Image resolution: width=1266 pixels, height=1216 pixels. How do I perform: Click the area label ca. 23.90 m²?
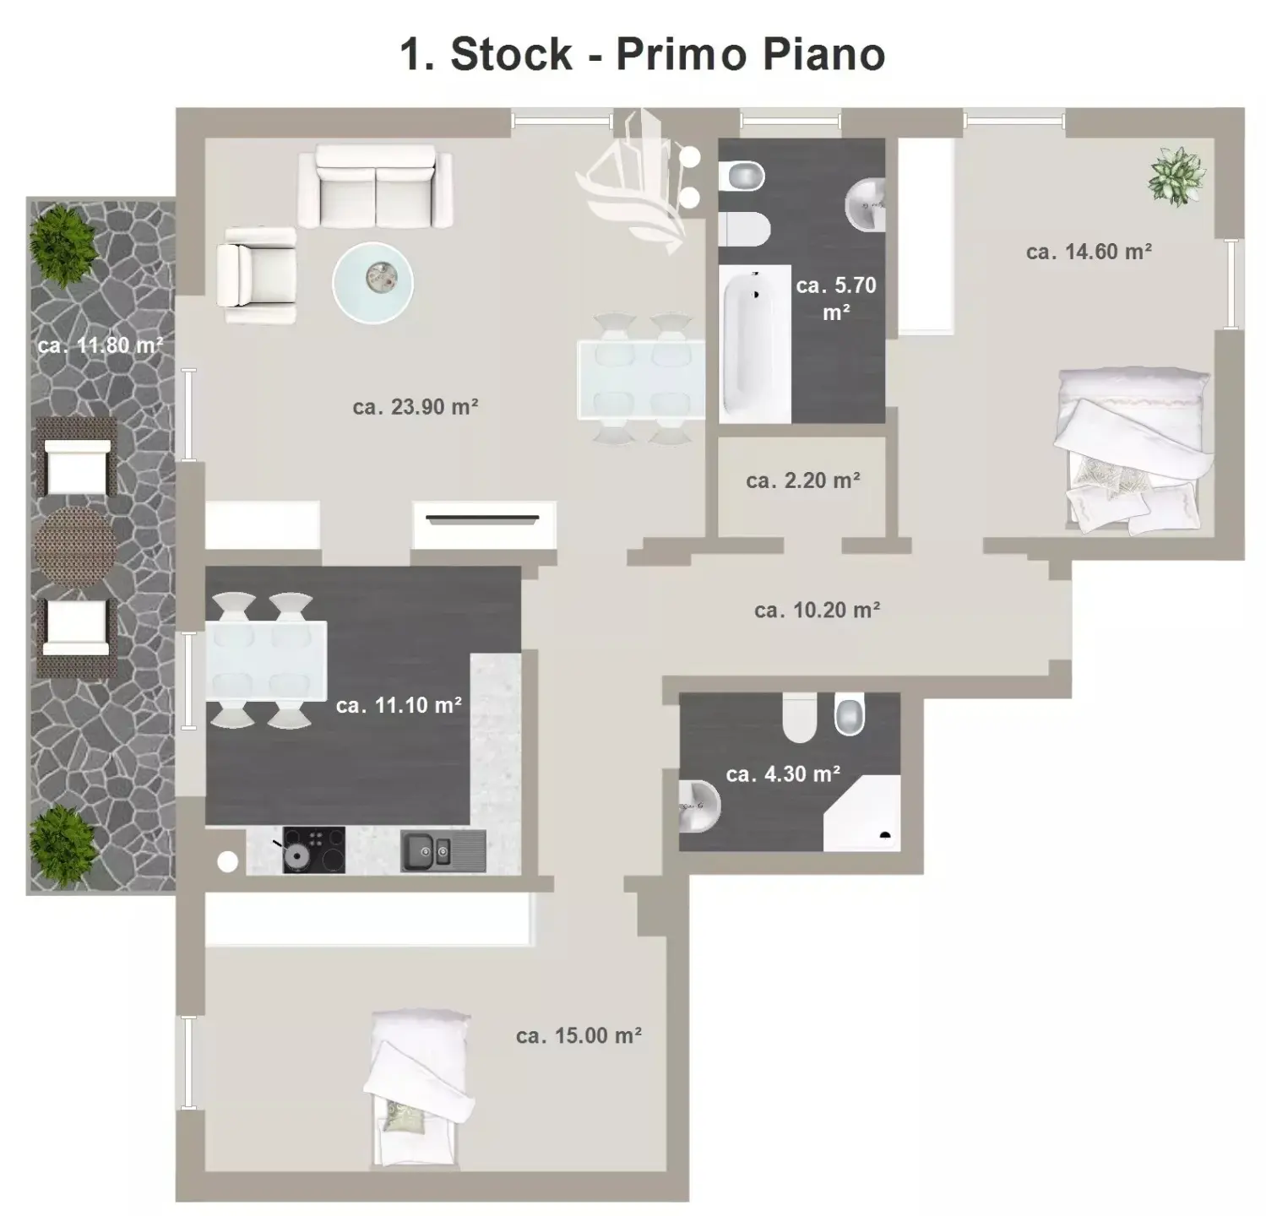coord(416,407)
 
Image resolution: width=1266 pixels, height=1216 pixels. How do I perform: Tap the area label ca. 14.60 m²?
coord(1089,252)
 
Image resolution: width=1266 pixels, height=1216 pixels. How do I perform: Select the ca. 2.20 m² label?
coord(803,480)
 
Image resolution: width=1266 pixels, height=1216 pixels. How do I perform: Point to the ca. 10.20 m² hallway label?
coord(818,610)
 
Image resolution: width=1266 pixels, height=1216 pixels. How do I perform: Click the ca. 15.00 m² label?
coord(579,1035)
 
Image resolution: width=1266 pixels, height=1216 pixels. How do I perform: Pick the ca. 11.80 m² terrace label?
coord(101,345)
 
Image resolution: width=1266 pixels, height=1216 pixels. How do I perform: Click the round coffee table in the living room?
coord(372,282)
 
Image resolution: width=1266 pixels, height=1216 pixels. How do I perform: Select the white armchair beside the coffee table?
coord(257,275)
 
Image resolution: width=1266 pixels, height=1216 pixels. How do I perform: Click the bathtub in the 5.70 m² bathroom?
coord(755,344)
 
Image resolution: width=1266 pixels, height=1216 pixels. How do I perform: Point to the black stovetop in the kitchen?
coord(313,850)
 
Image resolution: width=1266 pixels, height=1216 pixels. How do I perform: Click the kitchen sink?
coord(443,850)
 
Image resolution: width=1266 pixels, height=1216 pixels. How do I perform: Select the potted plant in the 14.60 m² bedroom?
coord(1176,176)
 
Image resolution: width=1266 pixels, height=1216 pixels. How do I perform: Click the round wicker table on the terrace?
coord(74,546)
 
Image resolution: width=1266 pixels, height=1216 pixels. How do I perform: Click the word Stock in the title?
coord(511,54)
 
